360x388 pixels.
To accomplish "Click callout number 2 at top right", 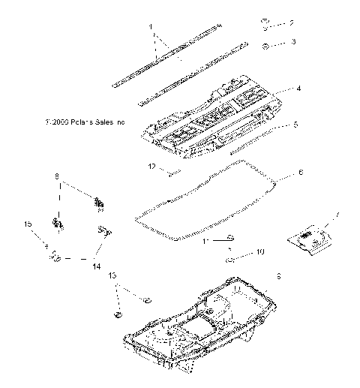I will point(292,23).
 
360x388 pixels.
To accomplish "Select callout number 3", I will point(292,42).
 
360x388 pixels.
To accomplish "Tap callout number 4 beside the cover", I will point(298,89).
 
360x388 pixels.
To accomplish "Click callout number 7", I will point(337,216).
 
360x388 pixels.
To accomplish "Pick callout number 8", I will point(55,177).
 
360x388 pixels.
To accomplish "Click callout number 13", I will point(112,275).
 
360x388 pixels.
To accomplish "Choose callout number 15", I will point(27,224).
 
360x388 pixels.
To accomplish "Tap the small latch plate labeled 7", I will point(308,239).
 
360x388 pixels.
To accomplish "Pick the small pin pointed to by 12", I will point(173,174).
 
